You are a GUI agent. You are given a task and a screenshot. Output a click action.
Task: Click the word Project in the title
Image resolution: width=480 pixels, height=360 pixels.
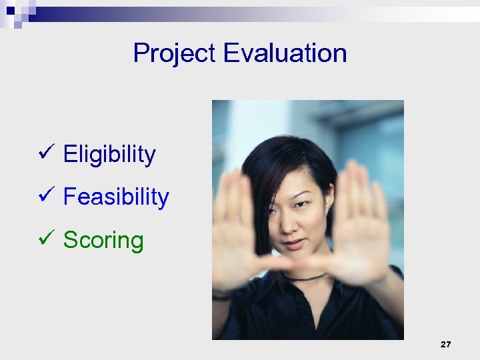[x=175, y=53]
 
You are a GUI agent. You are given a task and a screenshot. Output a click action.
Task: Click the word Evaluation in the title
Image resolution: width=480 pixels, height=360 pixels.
[x=285, y=53]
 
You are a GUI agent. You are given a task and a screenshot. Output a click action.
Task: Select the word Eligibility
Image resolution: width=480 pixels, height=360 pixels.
[x=109, y=155]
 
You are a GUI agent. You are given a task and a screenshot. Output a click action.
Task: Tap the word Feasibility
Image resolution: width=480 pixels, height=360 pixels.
[x=116, y=197]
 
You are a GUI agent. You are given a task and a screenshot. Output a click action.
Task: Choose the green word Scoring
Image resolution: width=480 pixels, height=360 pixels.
[x=103, y=241]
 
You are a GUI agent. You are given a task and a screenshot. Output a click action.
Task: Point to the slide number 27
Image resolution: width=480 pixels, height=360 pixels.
[x=446, y=345]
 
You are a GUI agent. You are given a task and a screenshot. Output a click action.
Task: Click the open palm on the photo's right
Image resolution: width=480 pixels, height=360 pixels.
[x=363, y=220]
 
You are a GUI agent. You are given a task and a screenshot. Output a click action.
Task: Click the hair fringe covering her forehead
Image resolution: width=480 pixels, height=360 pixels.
[x=280, y=173]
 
